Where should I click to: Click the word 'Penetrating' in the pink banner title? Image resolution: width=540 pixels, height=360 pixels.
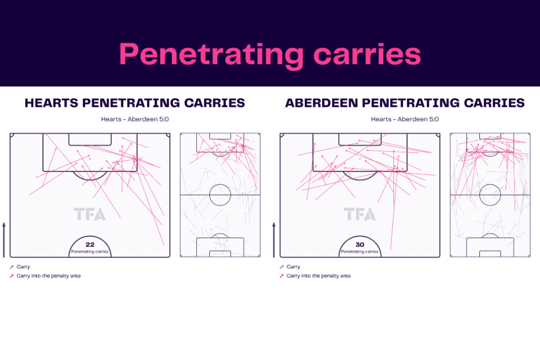point(211,55)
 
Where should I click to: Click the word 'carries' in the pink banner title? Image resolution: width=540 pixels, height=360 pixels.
point(368,54)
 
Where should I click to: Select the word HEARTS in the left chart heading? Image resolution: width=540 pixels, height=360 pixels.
point(51,103)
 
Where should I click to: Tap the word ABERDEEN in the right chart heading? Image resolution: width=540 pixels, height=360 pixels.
point(322,103)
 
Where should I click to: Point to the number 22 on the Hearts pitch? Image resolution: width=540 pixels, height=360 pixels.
point(90,245)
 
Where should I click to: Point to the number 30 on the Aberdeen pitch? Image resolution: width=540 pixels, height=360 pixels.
point(360,245)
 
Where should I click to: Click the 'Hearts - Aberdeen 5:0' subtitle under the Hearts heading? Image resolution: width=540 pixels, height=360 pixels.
point(135,119)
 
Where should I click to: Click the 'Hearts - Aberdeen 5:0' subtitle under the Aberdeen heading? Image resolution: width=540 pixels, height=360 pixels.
point(405,119)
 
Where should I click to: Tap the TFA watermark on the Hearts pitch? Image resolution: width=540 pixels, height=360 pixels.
point(90,214)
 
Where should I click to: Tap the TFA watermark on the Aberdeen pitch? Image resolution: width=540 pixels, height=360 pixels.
point(360,214)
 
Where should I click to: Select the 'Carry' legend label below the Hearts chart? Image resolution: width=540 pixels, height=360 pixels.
point(23,267)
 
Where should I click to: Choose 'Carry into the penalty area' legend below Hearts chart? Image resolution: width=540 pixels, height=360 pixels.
point(49,276)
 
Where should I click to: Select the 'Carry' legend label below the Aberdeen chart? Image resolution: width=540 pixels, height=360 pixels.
point(293,267)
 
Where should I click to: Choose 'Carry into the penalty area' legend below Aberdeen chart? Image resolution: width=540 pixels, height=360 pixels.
point(319,276)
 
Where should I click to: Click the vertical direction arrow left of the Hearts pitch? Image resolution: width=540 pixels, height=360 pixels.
point(4,239)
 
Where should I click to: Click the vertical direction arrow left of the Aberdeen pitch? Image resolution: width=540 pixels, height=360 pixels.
point(274,239)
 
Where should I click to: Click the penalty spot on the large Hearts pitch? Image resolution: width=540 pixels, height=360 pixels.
point(90,159)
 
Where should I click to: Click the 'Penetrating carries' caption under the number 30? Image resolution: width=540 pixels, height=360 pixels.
point(360,251)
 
